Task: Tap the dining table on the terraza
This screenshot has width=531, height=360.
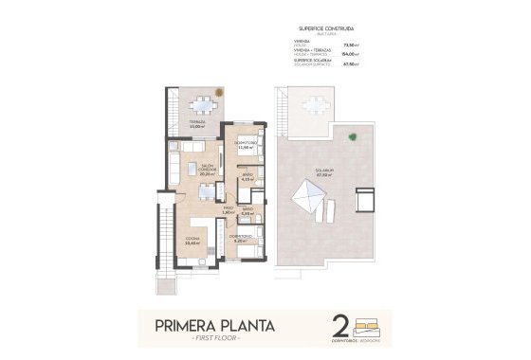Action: [x=200, y=106]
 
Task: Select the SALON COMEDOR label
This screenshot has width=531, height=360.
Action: [x=207, y=170]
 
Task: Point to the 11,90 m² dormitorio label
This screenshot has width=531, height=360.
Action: [x=246, y=146]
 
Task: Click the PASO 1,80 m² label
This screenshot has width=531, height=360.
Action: [x=228, y=210]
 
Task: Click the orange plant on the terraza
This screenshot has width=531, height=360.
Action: [x=218, y=93]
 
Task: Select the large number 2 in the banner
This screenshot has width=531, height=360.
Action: [x=339, y=329]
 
